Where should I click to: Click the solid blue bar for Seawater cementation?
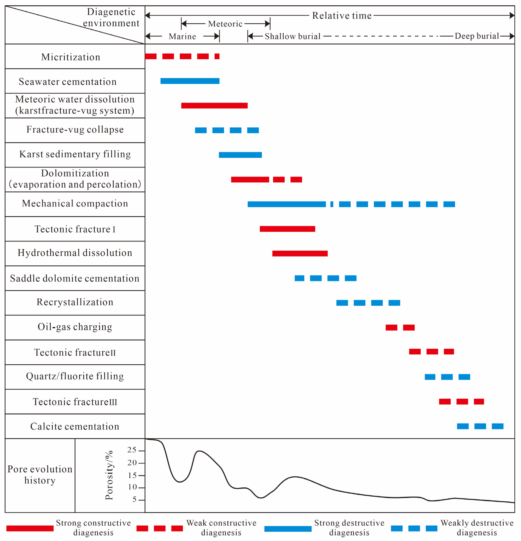(190, 81)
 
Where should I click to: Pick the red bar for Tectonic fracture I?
(287, 229)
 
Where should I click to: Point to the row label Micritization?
(71, 57)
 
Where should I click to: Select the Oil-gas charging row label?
(75, 327)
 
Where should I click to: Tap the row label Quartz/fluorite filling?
(75, 376)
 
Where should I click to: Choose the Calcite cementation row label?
(75, 426)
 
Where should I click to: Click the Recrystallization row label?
(75, 302)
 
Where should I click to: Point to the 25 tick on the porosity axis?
(132, 450)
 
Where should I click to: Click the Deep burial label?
(477, 36)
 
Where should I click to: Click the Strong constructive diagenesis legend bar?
(30, 528)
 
